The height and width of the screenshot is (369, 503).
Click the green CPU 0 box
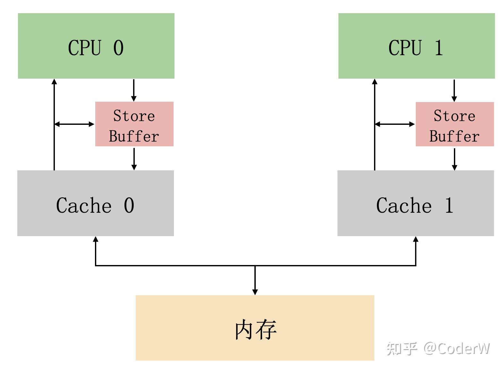pyautogui.click(x=96, y=46)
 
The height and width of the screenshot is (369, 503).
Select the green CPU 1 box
pyautogui.click(x=416, y=46)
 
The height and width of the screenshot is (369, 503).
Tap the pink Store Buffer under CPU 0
pyautogui.click(x=134, y=124)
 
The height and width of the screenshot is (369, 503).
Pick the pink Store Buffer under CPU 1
pyautogui.click(x=455, y=124)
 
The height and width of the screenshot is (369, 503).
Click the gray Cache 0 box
pyautogui.click(x=95, y=203)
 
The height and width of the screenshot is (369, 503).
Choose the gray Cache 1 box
pyautogui.click(x=415, y=203)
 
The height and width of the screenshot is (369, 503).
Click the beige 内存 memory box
pyautogui.click(x=255, y=328)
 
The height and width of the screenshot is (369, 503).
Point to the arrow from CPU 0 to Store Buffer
pyautogui.click(x=134, y=90)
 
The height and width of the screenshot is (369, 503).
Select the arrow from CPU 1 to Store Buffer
pyautogui.click(x=454, y=90)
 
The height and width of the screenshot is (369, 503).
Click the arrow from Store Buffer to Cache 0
pyautogui.click(x=134, y=158)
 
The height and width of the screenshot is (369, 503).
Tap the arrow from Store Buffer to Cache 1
pyautogui.click(x=454, y=158)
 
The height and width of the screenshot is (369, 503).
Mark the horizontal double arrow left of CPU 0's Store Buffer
pyautogui.click(x=74, y=124)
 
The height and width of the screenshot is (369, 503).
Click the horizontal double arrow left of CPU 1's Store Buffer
pyautogui.click(x=395, y=124)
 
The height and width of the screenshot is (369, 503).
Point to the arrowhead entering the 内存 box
pyautogui.click(x=255, y=292)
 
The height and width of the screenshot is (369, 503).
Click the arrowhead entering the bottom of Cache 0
pyautogui.click(x=95, y=239)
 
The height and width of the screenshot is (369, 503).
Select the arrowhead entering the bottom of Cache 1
pyautogui.click(x=416, y=239)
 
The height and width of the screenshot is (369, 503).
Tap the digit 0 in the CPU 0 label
pyautogui.click(x=118, y=48)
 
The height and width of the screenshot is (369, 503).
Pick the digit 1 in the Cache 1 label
pyautogui.click(x=449, y=205)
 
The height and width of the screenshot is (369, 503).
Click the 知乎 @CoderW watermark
pyautogui.click(x=438, y=348)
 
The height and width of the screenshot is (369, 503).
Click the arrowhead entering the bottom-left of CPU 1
pyautogui.click(x=375, y=82)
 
